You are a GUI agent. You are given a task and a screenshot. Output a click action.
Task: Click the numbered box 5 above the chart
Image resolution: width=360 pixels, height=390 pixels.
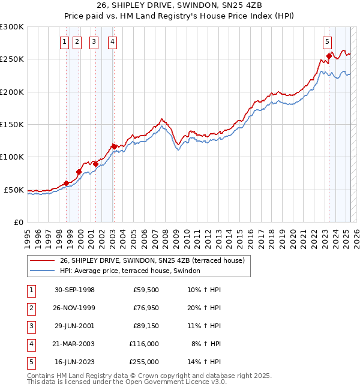pos(327,41)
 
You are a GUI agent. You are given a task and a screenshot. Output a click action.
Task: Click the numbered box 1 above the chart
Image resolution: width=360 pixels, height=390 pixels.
pos(65,41)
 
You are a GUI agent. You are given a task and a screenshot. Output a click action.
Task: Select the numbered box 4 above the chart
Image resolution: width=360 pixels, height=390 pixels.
pos(113,41)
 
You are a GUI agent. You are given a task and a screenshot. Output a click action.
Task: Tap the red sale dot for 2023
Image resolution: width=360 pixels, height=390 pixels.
pos(329,56)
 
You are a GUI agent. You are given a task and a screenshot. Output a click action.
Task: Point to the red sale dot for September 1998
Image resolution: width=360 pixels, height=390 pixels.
pos(67,183)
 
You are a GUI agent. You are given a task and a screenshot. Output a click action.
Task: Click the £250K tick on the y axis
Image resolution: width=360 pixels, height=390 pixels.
pos(11,59)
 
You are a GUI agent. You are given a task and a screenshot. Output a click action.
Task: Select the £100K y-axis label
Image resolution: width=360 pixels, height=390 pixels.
pos(11,157)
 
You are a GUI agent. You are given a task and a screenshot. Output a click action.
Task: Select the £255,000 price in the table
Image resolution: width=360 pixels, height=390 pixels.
pos(144,362)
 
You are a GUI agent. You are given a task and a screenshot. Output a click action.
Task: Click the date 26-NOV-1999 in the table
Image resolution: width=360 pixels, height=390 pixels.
pos(74,308)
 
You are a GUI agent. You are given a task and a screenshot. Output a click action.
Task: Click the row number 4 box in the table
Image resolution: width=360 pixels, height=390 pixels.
pos(30,344)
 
